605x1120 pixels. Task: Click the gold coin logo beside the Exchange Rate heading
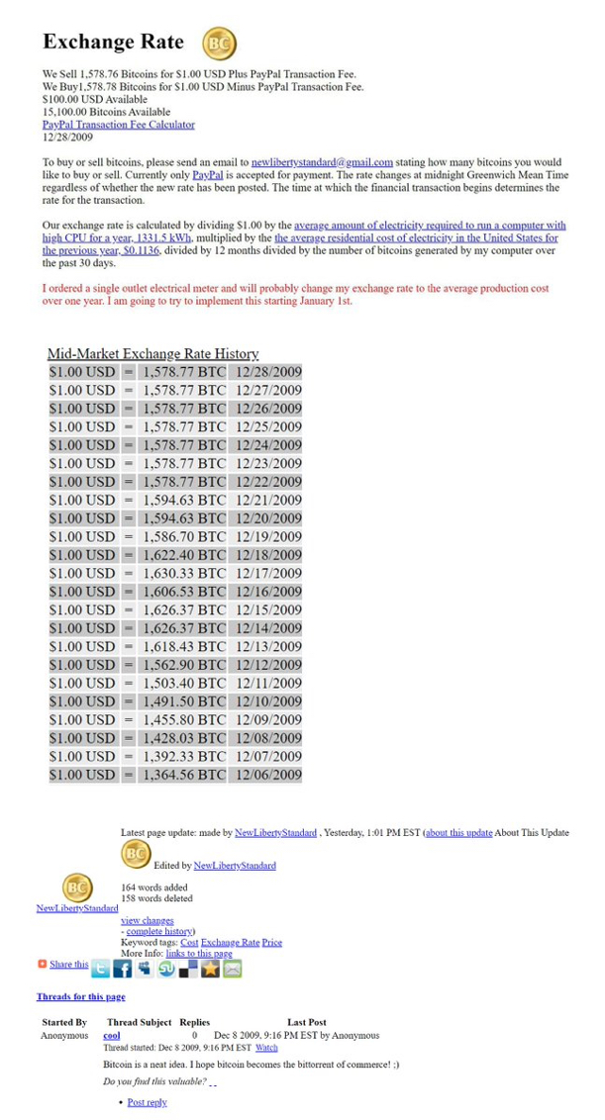(x=219, y=44)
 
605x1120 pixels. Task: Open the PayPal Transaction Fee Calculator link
(x=118, y=126)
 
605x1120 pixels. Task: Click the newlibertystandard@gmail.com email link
(x=322, y=162)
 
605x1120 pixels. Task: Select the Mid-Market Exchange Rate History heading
(x=152, y=353)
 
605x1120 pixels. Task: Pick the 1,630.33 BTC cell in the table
(x=184, y=573)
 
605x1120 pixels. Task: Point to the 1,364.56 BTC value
(x=184, y=775)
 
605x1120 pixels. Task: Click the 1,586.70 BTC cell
(x=184, y=536)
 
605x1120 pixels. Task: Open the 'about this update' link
(x=458, y=833)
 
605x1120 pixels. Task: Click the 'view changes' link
(x=147, y=920)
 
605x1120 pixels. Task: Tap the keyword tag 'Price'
(x=272, y=943)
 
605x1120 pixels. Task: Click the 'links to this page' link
(x=199, y=954)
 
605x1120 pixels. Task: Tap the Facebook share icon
(x=122, y=969)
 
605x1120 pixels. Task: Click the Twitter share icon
(x=100, y=969)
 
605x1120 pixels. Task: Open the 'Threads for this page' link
(x=80, y=996)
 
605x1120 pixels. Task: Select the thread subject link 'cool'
(x=112, y=1035)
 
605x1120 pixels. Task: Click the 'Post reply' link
(x=147, y=1102)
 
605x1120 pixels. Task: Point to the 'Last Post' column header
(x=307, y=1022)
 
